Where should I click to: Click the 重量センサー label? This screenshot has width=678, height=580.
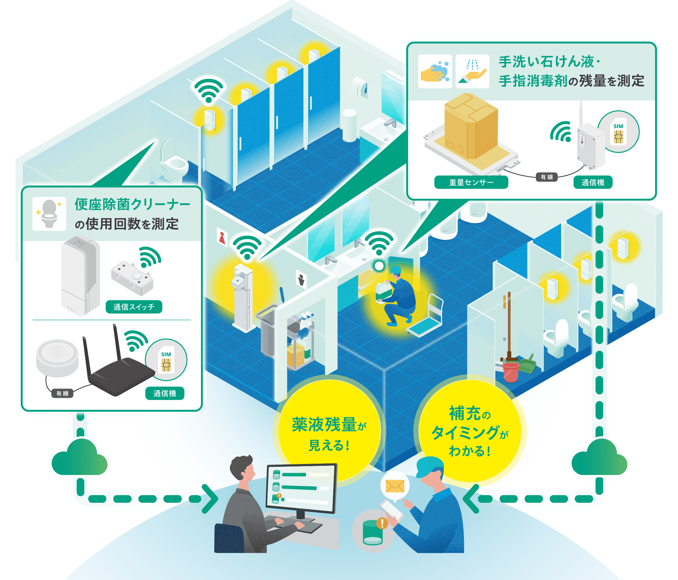pos(471,182)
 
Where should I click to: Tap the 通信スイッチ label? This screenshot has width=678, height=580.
pos(134,307)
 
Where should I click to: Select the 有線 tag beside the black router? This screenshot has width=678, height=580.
pos(62,393)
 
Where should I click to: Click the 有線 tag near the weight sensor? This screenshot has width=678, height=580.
pos(546,177)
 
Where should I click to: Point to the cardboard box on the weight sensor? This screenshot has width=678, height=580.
pos(471,126)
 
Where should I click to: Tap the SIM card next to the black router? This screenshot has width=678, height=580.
pos(166,360)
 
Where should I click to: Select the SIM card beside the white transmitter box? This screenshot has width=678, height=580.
pos(618,132)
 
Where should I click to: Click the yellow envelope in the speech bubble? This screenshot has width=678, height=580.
pos(395,486)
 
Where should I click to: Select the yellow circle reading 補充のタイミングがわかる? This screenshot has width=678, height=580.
pos(470,431)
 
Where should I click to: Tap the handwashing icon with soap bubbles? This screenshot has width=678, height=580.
pos(435,71)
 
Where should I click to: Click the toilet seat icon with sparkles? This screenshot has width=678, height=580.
pos(49,214)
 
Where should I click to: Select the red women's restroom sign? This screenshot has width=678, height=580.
pos(222,237)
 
